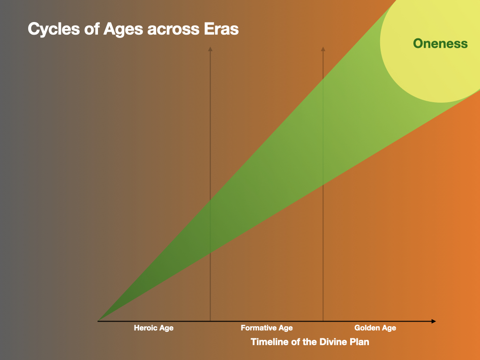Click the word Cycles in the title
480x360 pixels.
(x=54, y=30)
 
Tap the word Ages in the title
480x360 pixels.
(x=123, y=30)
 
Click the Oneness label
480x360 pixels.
(x=440, y=44)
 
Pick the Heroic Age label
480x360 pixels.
(x=154, y=328)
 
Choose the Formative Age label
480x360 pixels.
(x=267, y=328)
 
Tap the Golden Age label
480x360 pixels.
(x=375, y=328)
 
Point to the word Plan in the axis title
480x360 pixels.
(x=358, y=342)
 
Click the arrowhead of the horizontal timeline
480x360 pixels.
(x=434, y=321)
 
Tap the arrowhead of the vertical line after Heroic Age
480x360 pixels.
(x=210, y=49)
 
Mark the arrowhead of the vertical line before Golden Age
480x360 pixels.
(x=323, y=49)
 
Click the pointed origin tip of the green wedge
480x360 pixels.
(x=98, y=321)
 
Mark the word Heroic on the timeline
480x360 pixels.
(x=145, y=328)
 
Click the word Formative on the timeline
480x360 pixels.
(x=258, y=328)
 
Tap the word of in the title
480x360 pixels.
(x=92, y=29)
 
